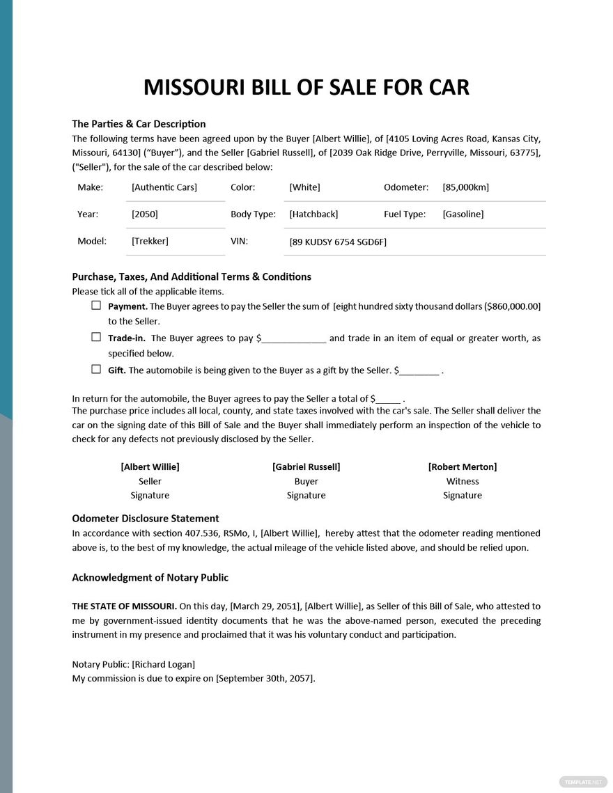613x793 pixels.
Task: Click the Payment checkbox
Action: tap(96, 306)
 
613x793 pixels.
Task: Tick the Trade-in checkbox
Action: tap(96, 337)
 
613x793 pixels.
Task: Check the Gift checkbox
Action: tap(96, 369)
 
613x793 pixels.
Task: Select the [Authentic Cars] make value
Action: tap(164, 187)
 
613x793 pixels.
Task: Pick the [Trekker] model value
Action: tap(150, 241)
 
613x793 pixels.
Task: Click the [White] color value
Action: tap(304, 187)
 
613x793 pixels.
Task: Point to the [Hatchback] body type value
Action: tap(313, 214)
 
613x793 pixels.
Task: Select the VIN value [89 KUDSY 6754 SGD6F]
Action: tap(338, 242)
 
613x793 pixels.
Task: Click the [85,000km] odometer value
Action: tap(465, 187)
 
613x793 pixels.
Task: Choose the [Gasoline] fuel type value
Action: tap(463, 214)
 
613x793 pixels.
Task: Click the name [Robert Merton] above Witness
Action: tap(463, 466)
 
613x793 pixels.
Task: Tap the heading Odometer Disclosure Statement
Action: tap(146, 519)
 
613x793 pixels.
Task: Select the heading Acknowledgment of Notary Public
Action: tap(150, 578)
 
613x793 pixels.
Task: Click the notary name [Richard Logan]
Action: tap(164, 664)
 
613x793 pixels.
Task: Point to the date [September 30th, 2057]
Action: tap(265, 679)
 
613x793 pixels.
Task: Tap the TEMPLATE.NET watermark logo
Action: tap(577, 782)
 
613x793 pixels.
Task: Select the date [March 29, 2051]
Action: tap(265, 606)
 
